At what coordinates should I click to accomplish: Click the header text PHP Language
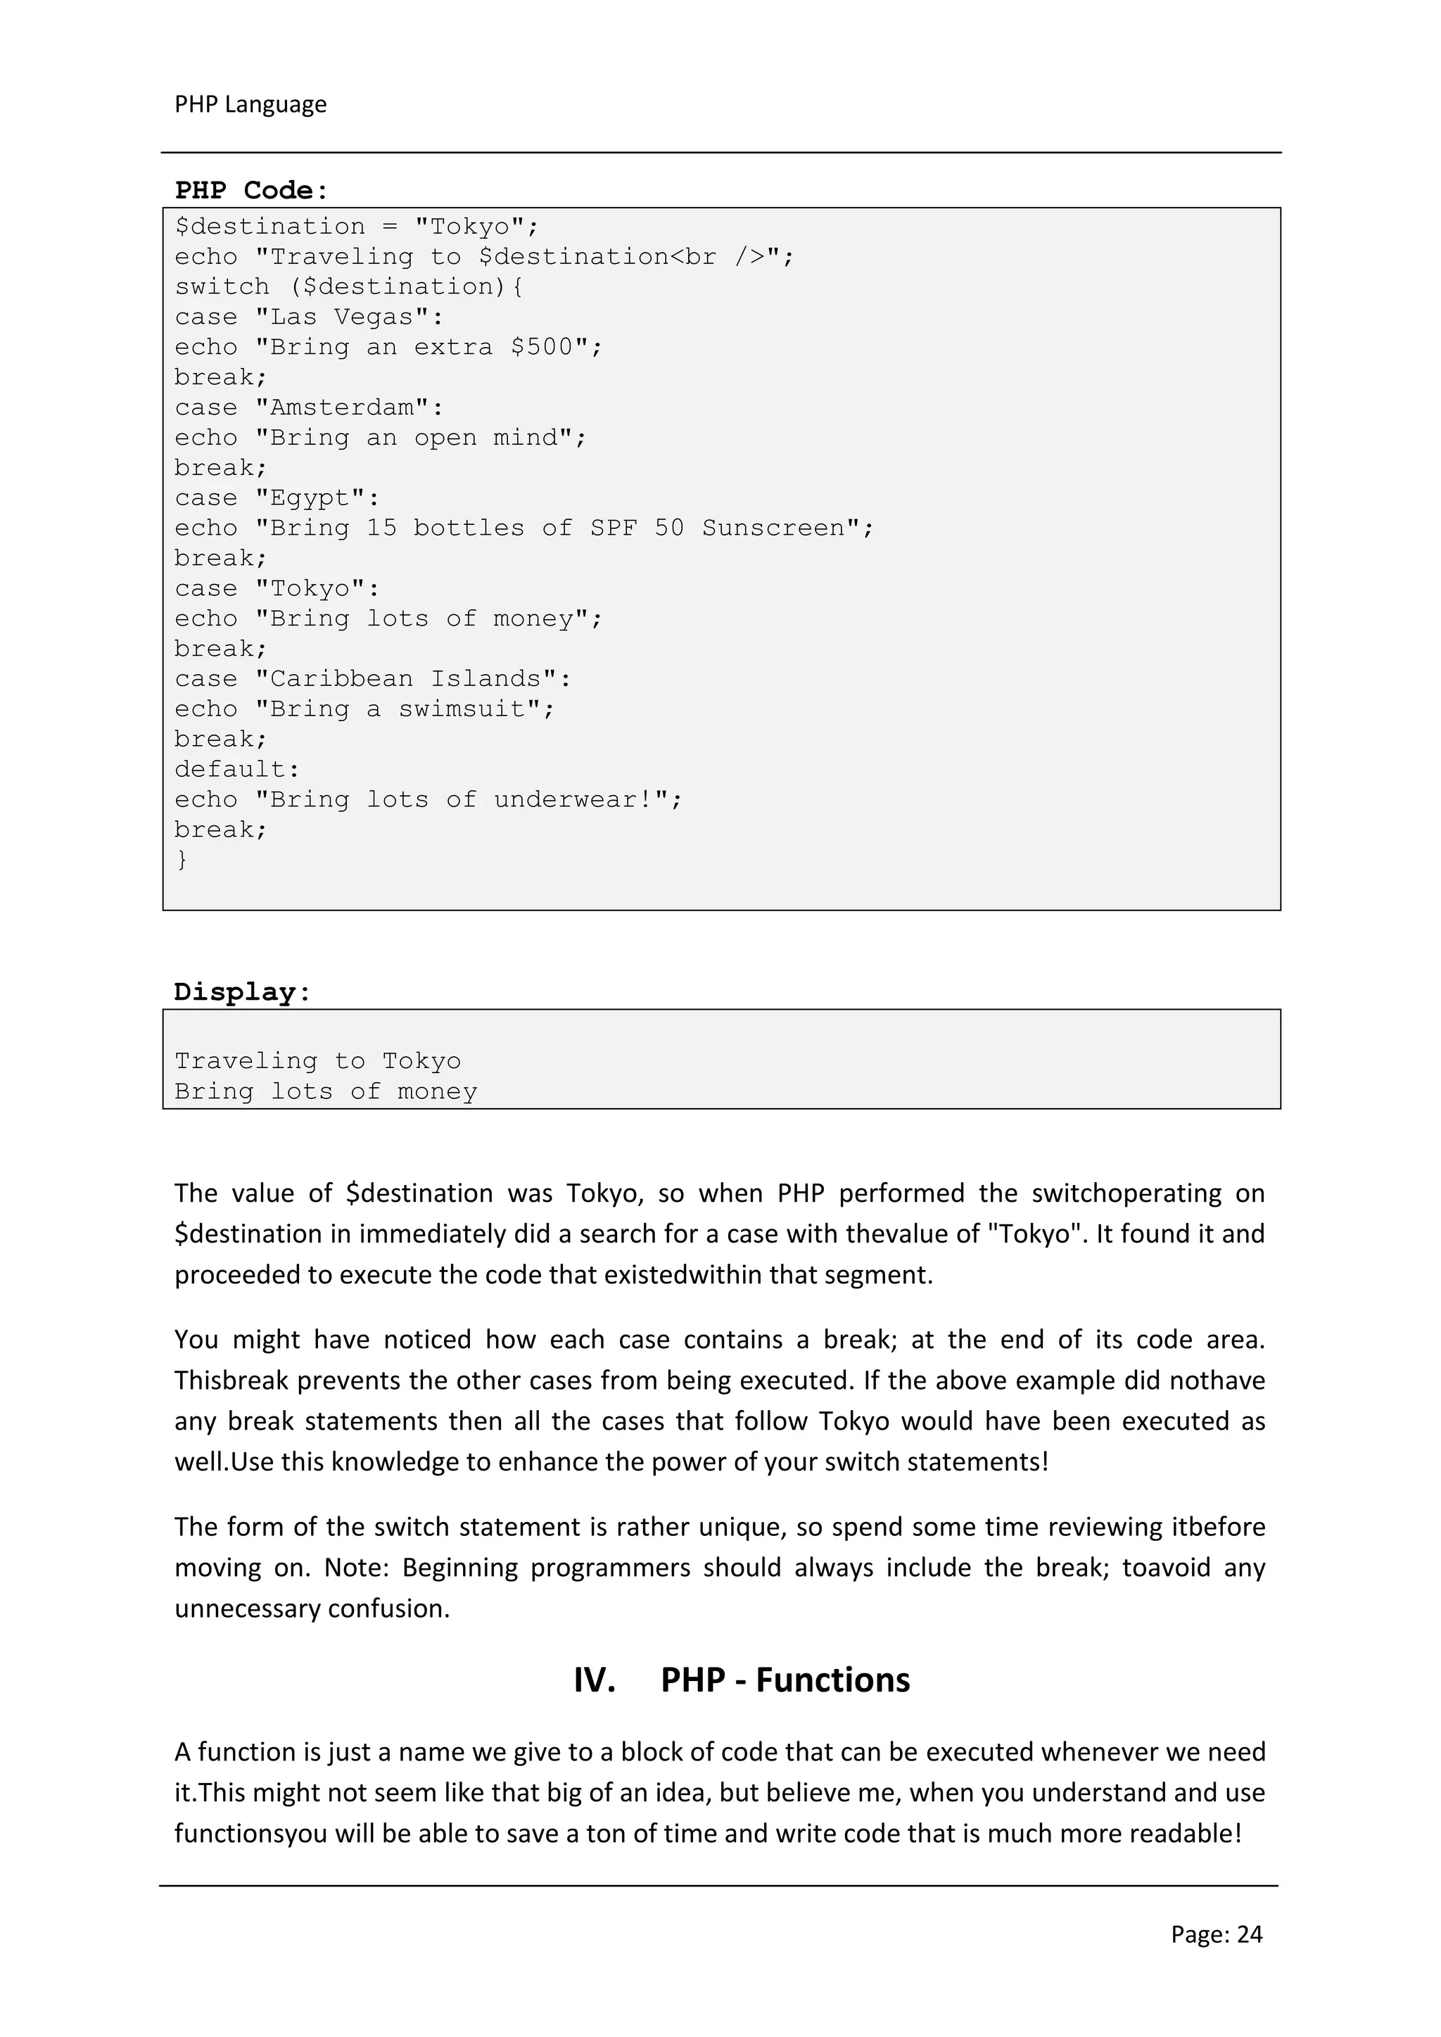(250, 105)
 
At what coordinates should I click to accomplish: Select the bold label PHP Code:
(251, 191)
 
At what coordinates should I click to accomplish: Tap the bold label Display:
(242, 992)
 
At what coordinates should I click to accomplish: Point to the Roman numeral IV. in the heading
(594, 1680)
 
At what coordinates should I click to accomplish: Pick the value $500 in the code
(541, 347)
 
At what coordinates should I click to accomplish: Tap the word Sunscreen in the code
(772, 528)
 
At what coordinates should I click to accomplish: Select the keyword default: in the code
(237, 769)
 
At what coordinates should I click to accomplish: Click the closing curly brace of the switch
(182, 860)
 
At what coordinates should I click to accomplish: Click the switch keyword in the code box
(222, 286)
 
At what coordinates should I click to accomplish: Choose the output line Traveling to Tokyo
(317, 1061)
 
